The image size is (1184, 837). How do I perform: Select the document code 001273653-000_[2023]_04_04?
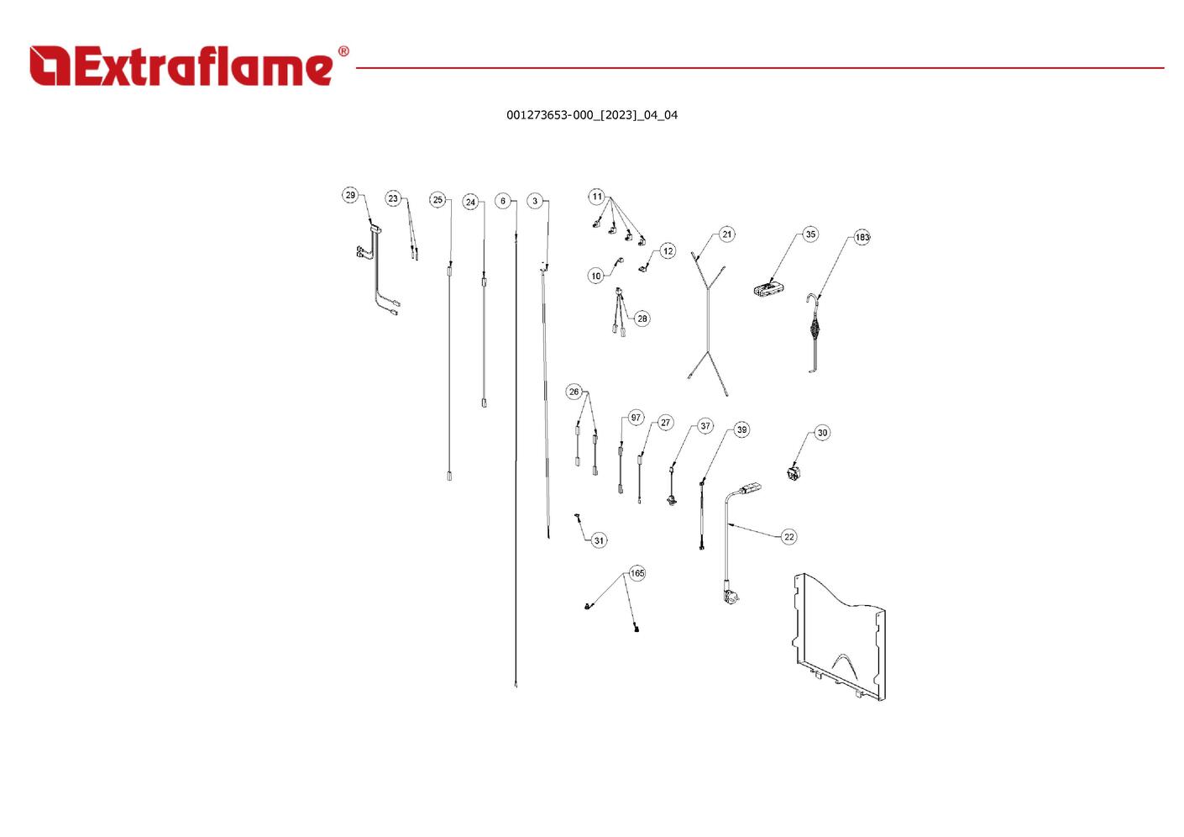point(592,115)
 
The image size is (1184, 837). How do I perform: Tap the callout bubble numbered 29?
point(350,195)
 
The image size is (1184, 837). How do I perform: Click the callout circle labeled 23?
point(393,198)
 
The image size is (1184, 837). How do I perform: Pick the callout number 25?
point(437,199)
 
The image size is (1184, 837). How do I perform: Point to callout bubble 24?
point(470,203)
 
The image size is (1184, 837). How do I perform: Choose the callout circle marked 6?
point(503,201)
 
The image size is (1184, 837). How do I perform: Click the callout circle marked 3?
point(535,201)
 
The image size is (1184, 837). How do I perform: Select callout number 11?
point(597,197)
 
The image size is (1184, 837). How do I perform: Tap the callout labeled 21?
point(727,234)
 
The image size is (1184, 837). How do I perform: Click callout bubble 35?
point(810,234)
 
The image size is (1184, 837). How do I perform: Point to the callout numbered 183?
point(862,238)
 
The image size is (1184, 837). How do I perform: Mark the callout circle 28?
point(642,318)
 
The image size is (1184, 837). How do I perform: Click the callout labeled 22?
point(789,537)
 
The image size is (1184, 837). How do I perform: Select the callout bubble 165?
point(637,573)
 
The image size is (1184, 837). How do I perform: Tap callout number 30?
point(822,433)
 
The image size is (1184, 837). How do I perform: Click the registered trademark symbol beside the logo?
point(343,51)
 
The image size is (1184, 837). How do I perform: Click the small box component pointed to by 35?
point(768,289)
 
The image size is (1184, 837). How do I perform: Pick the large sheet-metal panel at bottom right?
point(839,637)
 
